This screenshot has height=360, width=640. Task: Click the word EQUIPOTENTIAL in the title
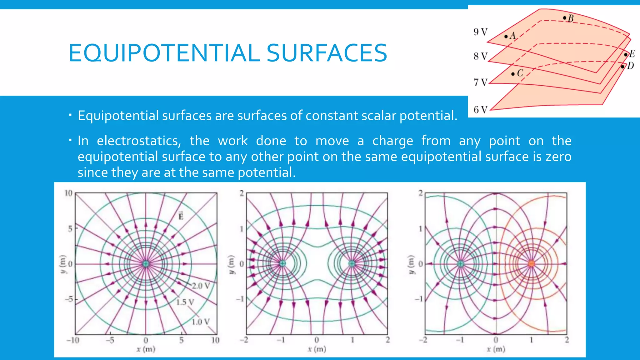[x=164, y=53]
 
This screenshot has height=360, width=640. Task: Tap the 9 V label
[x=480, y=32]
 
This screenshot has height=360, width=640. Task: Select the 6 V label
[x=480, y=110]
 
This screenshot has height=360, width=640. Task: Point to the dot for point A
[x=506, y=37]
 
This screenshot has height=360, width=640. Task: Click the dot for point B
[x=564, y=18]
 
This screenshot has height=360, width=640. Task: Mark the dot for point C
[x=513, y=74]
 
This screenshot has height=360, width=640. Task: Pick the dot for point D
[x=622, y=67]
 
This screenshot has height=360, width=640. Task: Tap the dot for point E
[x=626, y=55]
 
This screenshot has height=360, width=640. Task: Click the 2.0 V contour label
[x=201, y=286]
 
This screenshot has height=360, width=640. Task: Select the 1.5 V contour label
[x=185, y=302]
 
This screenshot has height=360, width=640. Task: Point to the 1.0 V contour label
[x=200, y=322]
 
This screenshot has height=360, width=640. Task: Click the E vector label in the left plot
[x=181, y=216]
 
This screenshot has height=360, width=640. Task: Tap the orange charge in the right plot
[x=531, y=264]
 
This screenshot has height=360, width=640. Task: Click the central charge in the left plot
[x=146, y=264]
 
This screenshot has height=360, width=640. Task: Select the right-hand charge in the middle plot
[x=352, y=264]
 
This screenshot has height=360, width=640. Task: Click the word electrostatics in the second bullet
[x=138, y=141]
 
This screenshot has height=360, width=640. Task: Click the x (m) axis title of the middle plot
[x=317, y=349]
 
